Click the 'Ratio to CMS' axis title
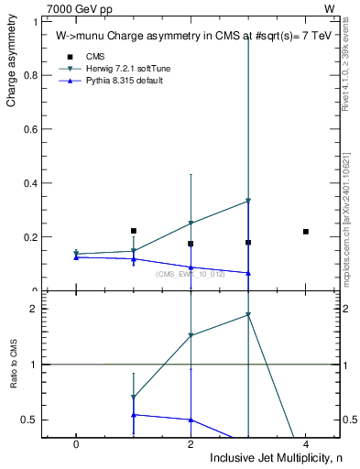click(x=14, y=364)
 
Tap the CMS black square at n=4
click(x=306, y=232)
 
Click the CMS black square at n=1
click(x=134, y=231)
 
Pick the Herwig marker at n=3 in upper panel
click(x=248, y=201)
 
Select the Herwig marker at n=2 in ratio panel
click(x=191, y=335)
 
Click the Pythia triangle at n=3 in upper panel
click(x=248, y=273)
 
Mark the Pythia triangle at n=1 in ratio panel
click(x=134, y=415)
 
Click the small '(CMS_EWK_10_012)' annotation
click(x=190, y=274)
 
